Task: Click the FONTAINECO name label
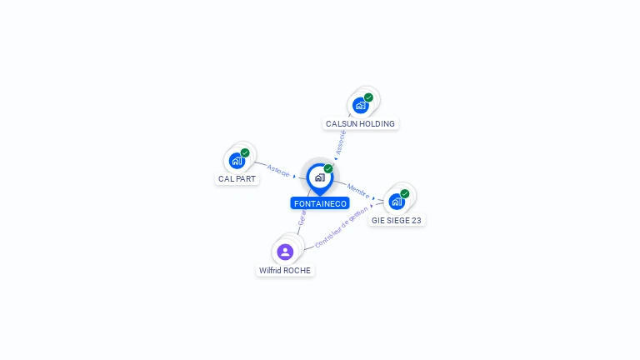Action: tap(320, 203)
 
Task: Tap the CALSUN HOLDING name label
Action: tap(360, 124)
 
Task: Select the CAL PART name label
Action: tap(237, 179)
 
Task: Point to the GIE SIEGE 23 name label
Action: tap(397, 221)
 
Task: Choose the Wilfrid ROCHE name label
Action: tap(285, 271)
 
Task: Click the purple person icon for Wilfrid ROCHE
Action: tap(285, 252)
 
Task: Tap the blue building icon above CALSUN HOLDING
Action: tap(360, 105)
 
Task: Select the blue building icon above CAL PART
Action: tap(237, 160)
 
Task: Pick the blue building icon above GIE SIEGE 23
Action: tap(397, 201)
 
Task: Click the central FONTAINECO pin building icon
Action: tap(319, 177)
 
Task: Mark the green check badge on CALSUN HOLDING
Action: tap(368, 97)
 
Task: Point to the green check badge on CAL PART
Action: tap(245, 152)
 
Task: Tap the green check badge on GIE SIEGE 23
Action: tap(405, 193)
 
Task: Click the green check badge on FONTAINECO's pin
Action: tap(328, 169)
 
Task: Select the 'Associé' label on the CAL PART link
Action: tap(278, 170)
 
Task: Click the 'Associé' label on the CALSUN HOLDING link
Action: tap(341, 142)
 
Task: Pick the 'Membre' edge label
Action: tap(358, 190)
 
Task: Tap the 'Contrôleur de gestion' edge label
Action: tap(342, 227)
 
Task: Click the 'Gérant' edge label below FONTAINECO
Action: tap(302, 219)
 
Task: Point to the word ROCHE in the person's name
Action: tap(297, 271)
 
